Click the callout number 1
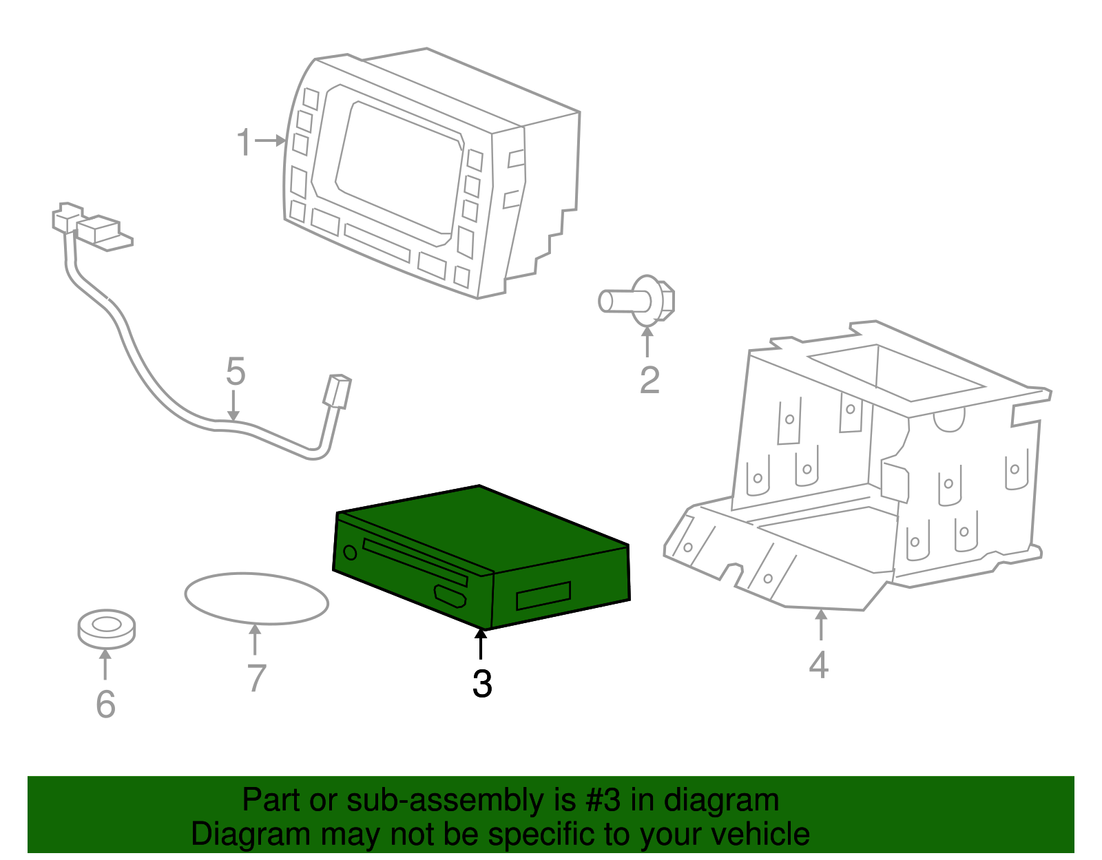pyautogui.click(x=244, y=142)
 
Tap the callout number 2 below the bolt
pyautogui.click(x=649, y=380)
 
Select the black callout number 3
pyautogui.click(x=482, y=683)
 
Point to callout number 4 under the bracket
pyautogui.click(x=818, y=664)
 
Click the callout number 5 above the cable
pyautogui.click(x=236, y=372)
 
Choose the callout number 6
pyautogui.click(x=105, y=704)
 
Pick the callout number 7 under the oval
pyautogui.click(x=256, y=678)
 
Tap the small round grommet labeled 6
pyautogui.click(x=106, y=628)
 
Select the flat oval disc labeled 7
pyautogui.click(x=256, y=598)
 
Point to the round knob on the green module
pyautogui.click(x=350, y=552)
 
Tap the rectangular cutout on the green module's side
pyautogui.click(x=543, y=596)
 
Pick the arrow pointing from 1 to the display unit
pyautogui.click(x=270, y=140)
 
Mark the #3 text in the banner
pyautogui.click(x=603, y=800)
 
